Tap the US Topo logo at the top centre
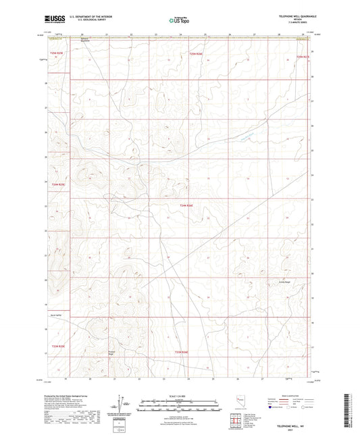pos(180,21)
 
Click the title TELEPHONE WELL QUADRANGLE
pos(291,16)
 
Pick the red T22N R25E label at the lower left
pos(57,346)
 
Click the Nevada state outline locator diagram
pos(241,403)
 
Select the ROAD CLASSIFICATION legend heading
pos(291,396)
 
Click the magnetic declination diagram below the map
pos(126,405)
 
